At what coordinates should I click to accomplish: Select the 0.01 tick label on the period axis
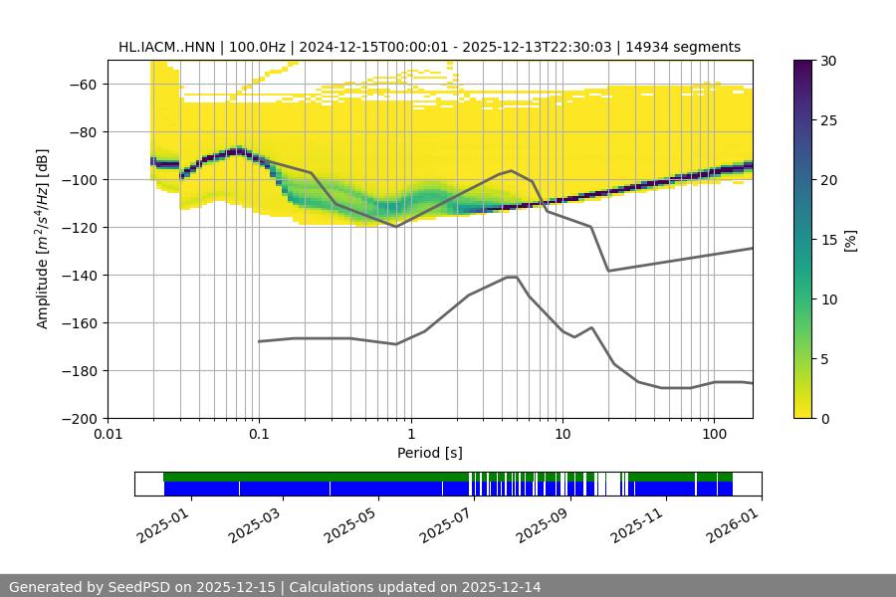tap(108, 435)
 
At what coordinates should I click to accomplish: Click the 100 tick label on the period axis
tap(714, 435)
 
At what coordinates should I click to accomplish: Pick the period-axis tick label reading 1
tap(410, 435)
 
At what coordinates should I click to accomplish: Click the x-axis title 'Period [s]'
tap(430, 453)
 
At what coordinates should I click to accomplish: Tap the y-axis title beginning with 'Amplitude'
tap(43, 239)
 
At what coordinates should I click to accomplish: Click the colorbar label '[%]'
tap(850, 239)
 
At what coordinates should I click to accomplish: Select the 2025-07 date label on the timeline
tap(447, 521)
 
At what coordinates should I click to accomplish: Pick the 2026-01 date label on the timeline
tap(734, 521)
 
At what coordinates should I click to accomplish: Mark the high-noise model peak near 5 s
tap(512, 170)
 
